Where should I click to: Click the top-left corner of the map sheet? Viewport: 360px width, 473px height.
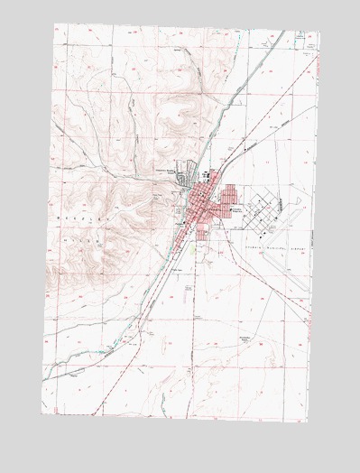[x=54, y=24]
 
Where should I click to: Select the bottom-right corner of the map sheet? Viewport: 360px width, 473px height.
[x=306, y=422]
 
